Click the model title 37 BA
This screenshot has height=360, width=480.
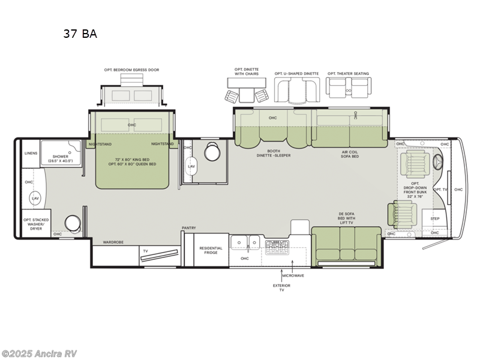click(x=80, y=34)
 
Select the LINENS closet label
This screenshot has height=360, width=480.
click(x=31, y=153)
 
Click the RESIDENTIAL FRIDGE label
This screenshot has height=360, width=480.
click(x=211, y=250)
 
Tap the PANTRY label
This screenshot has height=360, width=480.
click(x=190, y=228)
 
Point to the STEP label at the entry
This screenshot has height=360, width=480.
click(x=435, y=219)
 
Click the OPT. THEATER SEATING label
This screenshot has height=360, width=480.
click(x=348, y=74)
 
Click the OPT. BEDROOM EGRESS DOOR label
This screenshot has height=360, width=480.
click(x=131, y=70)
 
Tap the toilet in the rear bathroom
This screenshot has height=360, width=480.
click(x=74, y=223)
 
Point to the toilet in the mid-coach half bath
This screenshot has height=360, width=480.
click(x=212, y=152)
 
